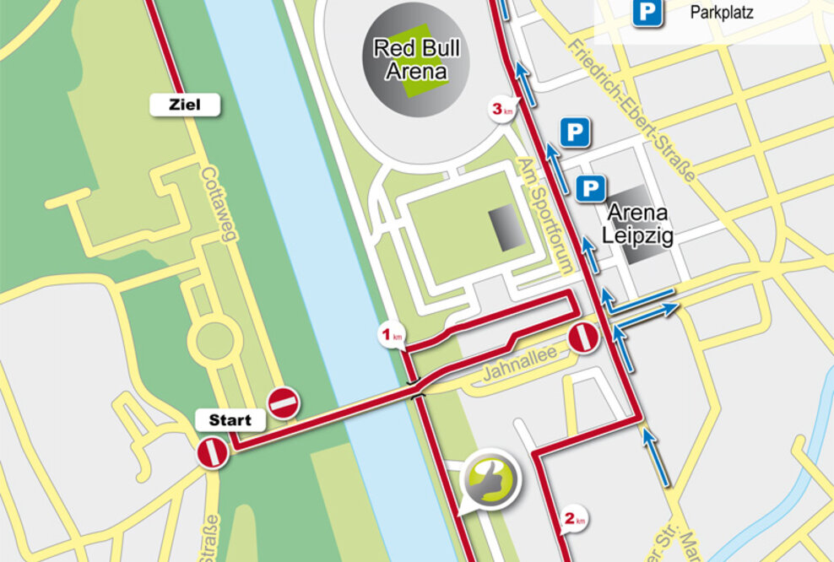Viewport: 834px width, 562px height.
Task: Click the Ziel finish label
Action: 185,105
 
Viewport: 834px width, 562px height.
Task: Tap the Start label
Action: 230,419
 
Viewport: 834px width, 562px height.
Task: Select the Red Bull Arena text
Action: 416,59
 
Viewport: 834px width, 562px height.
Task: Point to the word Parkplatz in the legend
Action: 722,13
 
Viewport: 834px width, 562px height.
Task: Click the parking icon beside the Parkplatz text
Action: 648,12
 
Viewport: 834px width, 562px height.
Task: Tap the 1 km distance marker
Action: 390,336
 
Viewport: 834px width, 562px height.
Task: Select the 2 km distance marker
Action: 574,518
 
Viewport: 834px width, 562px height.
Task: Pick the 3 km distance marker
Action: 503,109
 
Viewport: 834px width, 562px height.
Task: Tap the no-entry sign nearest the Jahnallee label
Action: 583,338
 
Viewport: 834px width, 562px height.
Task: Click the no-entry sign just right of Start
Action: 284,403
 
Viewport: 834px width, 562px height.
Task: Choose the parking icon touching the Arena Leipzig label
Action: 592,187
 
